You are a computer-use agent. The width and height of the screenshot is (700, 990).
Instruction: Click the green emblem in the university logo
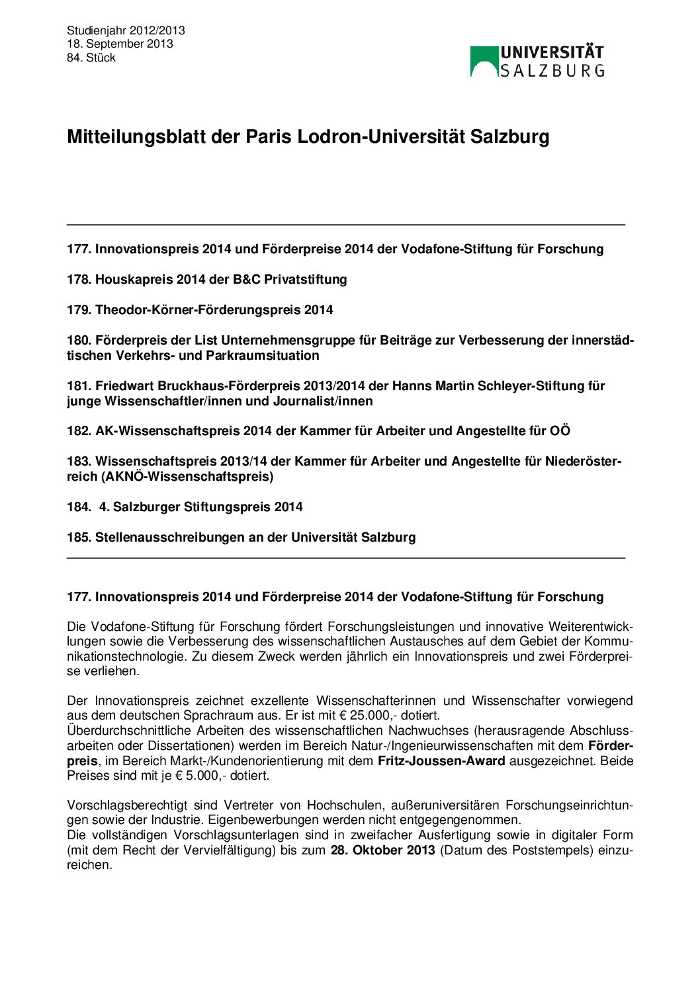(484, 61)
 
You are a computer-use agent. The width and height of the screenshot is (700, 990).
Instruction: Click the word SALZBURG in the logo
(552, 71)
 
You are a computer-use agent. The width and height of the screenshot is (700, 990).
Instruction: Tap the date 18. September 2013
(120, 44)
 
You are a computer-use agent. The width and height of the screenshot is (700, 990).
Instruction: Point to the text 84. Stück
(91, 58)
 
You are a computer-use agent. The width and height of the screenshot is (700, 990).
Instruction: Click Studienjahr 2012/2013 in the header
(126, 30)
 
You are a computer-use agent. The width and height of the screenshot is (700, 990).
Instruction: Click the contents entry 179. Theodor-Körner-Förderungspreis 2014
(200, 310)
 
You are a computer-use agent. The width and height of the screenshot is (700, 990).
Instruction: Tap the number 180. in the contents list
(79, 341)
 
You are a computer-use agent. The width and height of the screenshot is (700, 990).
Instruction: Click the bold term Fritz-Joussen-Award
(441, 761)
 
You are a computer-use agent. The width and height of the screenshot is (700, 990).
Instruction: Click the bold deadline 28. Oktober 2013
(382, 850)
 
